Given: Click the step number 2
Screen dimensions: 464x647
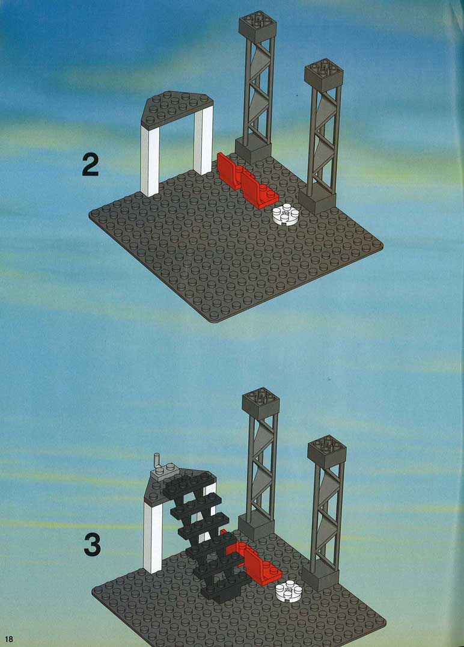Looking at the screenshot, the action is tap(90, 165).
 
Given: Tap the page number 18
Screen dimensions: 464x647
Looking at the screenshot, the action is tap(9, 639).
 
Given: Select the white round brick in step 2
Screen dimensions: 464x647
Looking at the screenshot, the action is tap(285, 215).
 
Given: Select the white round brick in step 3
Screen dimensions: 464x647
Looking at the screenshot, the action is tap(288, 592).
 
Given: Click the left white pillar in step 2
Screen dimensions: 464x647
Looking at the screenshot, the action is tap(150, 161).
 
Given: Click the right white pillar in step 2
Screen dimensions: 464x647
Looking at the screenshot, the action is tap(203, 140).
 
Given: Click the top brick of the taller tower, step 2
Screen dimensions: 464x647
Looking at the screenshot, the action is tap(257, 26).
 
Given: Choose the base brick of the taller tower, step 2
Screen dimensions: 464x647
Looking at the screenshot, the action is tap(253, 150).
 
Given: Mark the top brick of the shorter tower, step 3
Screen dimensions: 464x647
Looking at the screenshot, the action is tap(326, 451).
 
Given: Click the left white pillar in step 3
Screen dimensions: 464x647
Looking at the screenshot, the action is tap(153, 538).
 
